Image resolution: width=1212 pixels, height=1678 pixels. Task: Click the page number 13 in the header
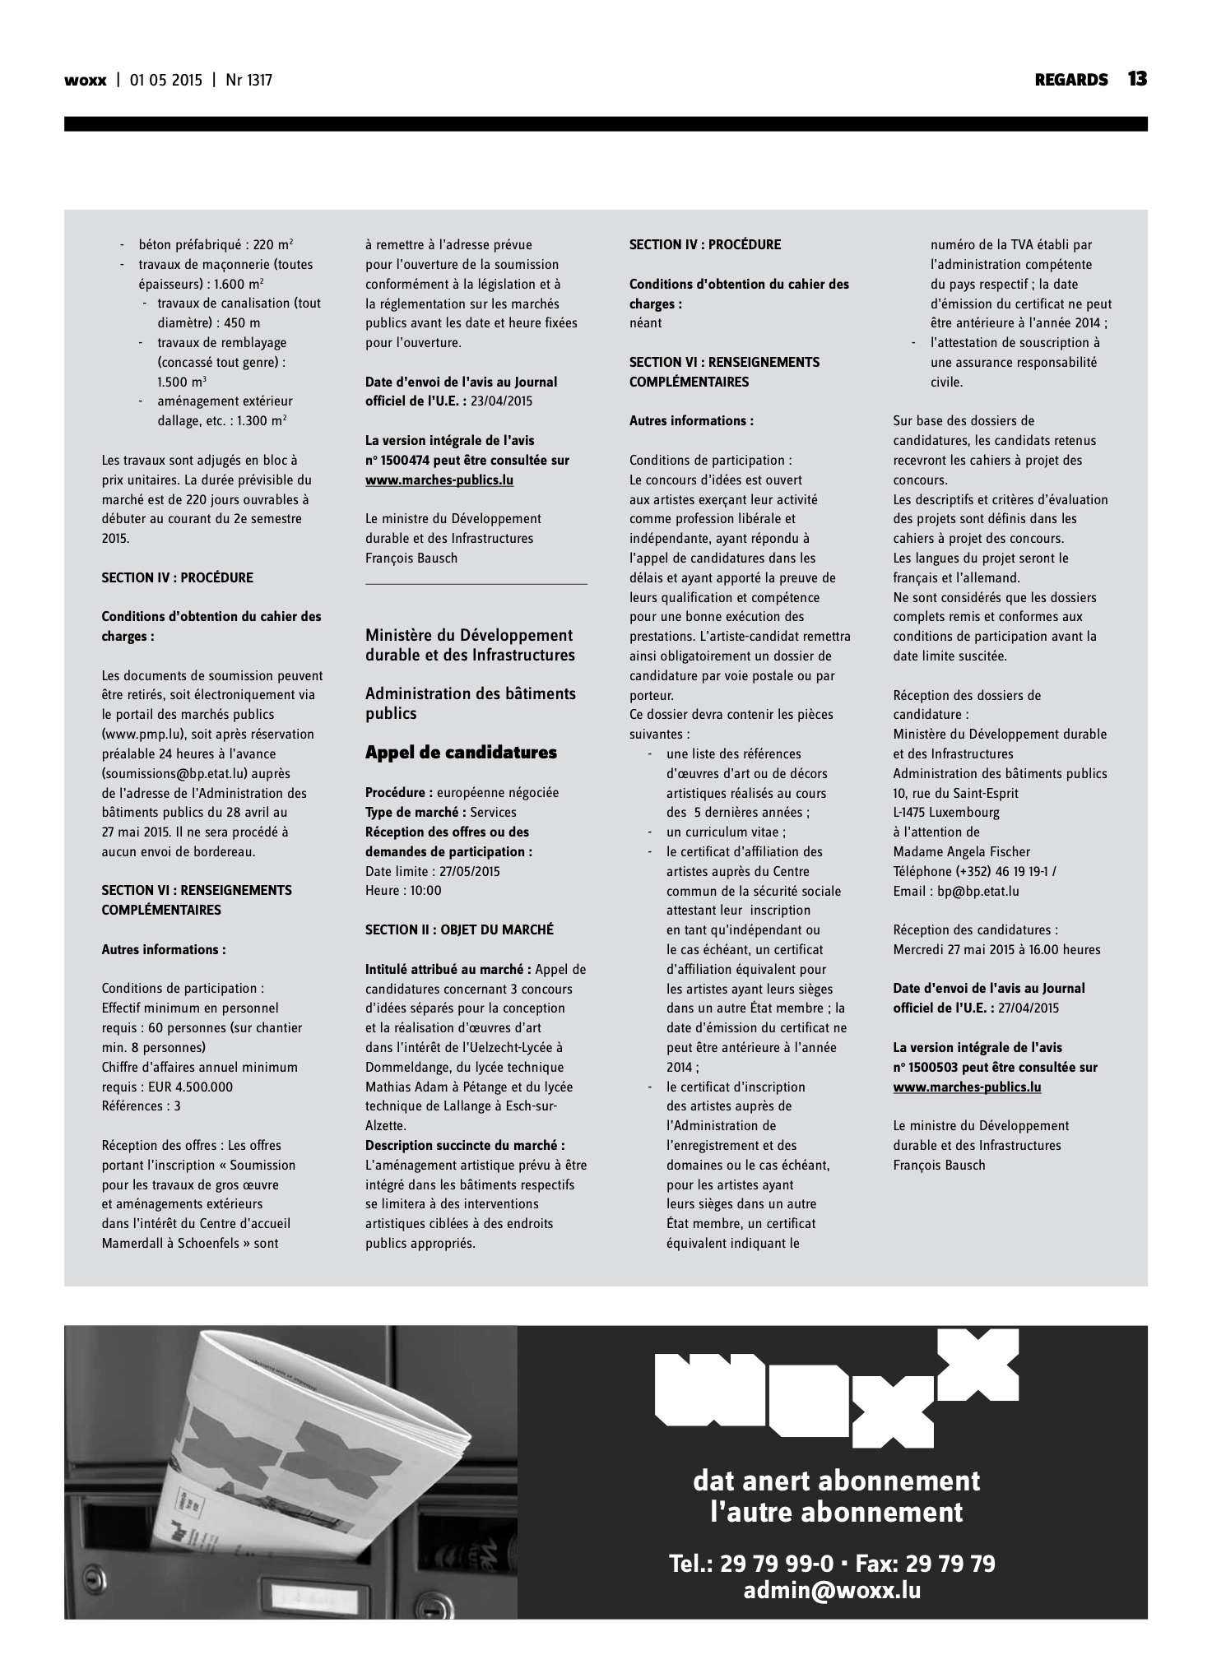[x=1137, y=79]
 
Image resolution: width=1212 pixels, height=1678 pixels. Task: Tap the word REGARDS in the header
[x=1071, y=80]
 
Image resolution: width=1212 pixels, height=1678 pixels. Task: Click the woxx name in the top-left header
[x=86, y=81]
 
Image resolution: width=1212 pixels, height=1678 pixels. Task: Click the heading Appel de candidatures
[x=461, y=753]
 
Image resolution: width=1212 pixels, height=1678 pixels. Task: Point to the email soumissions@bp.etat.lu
[x=184, y=773]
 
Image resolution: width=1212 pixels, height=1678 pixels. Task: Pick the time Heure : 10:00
[x=403, y=891]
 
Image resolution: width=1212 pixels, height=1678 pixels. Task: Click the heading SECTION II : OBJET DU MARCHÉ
[x=459, y=929]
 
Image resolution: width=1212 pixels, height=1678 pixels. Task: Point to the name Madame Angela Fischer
[x=961, y=852]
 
